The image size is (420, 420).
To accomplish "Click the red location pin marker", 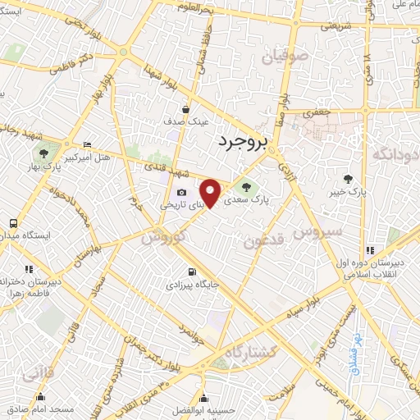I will click(x=212, y=193).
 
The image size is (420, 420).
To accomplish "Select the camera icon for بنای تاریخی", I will click(x=181, y=194).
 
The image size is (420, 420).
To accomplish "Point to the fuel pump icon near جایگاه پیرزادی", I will click(x=192, y=272).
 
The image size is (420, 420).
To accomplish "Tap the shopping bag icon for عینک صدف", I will click(x=186, y=108).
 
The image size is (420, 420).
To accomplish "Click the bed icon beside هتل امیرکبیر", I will click(x=88, y=144).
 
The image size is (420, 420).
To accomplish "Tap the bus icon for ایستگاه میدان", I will click(x=13, y=222).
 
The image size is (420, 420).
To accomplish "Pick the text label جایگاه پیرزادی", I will click(x=191, y=286).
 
